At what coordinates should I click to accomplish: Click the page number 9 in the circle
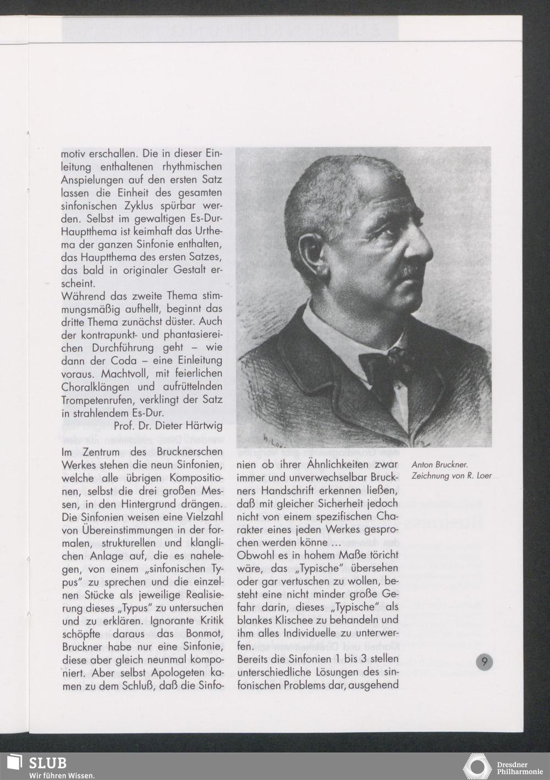(484, 662)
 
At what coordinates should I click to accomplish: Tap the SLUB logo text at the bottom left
(47, 762)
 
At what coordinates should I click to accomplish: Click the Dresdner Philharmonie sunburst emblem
(477, 766)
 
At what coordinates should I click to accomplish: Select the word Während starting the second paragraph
(82, 296)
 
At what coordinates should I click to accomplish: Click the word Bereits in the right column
(255, 659)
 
